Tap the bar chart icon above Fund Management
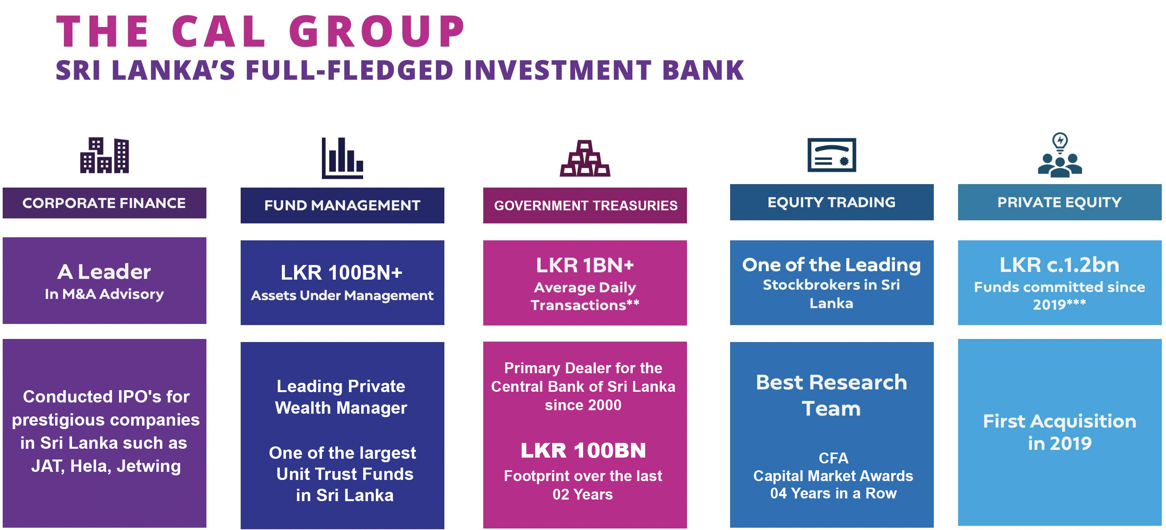pos(342,158)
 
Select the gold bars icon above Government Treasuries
pos(585,158)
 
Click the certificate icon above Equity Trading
pos(831,155)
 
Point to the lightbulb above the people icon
pos(1060,142)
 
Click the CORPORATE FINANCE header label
pos(104,203)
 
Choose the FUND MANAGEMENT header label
pos(342,205)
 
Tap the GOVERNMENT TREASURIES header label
pos(586,205)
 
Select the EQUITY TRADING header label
pos(831,202)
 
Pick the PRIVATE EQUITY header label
pos(1060,202)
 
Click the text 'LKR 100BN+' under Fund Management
pos(342,272)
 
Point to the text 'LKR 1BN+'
pos(585,265)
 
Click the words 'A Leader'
pos(104,272)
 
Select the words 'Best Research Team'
pos(831,395)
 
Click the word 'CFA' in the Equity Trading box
pos(833,458)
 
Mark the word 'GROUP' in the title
pos(377,31)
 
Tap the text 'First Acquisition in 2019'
pos(1060,432)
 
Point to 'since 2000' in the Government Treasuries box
pos(583,405)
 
